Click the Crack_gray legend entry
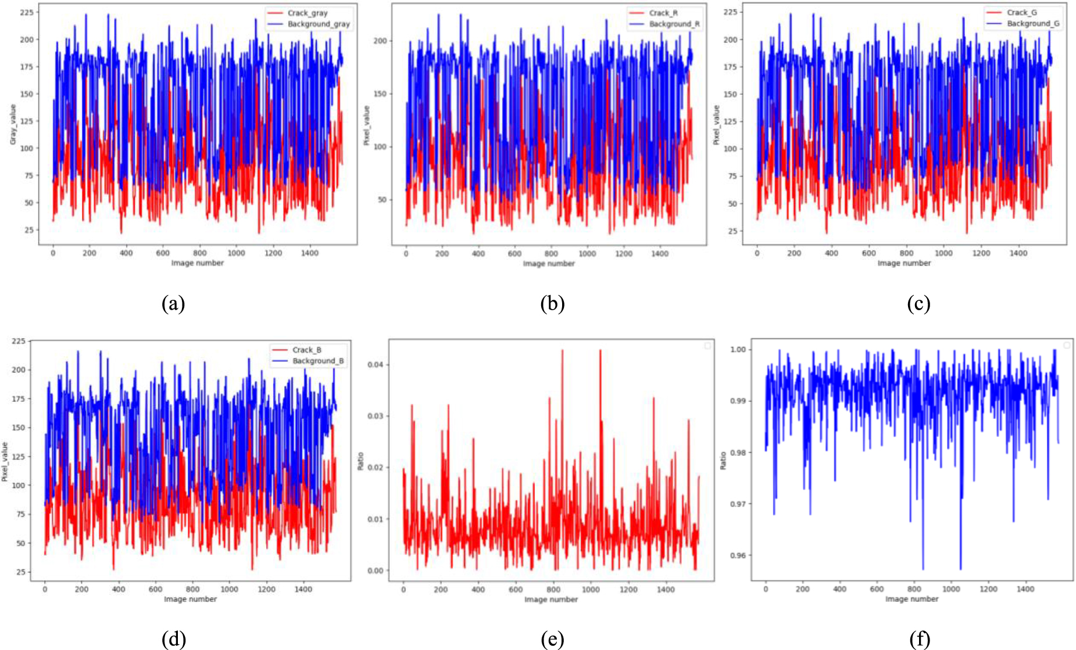point(307,13)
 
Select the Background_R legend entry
point(674,24)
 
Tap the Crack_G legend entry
point(1021,12)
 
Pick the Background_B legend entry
point(317,361)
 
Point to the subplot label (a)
point(173,304)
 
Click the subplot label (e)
point(552,640)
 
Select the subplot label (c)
point(918,304)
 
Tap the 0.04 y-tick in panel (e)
point(375,365)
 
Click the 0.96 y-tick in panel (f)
point(737,555)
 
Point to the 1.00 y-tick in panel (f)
point(737,350)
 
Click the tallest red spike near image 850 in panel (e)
point(562,350)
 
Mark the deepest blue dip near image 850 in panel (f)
point(923,569)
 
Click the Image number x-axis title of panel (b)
point(549,264)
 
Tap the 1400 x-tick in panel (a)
point(310,253)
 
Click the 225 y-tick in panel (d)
point(20,341)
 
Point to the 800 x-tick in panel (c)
point(906,253)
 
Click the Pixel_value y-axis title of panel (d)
point(5,461)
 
